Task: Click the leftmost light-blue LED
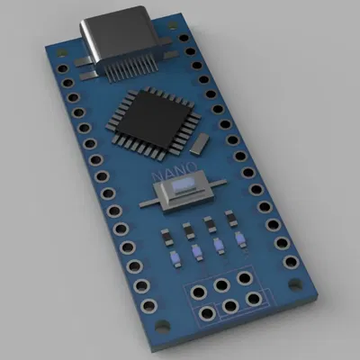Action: click(176, 261)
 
